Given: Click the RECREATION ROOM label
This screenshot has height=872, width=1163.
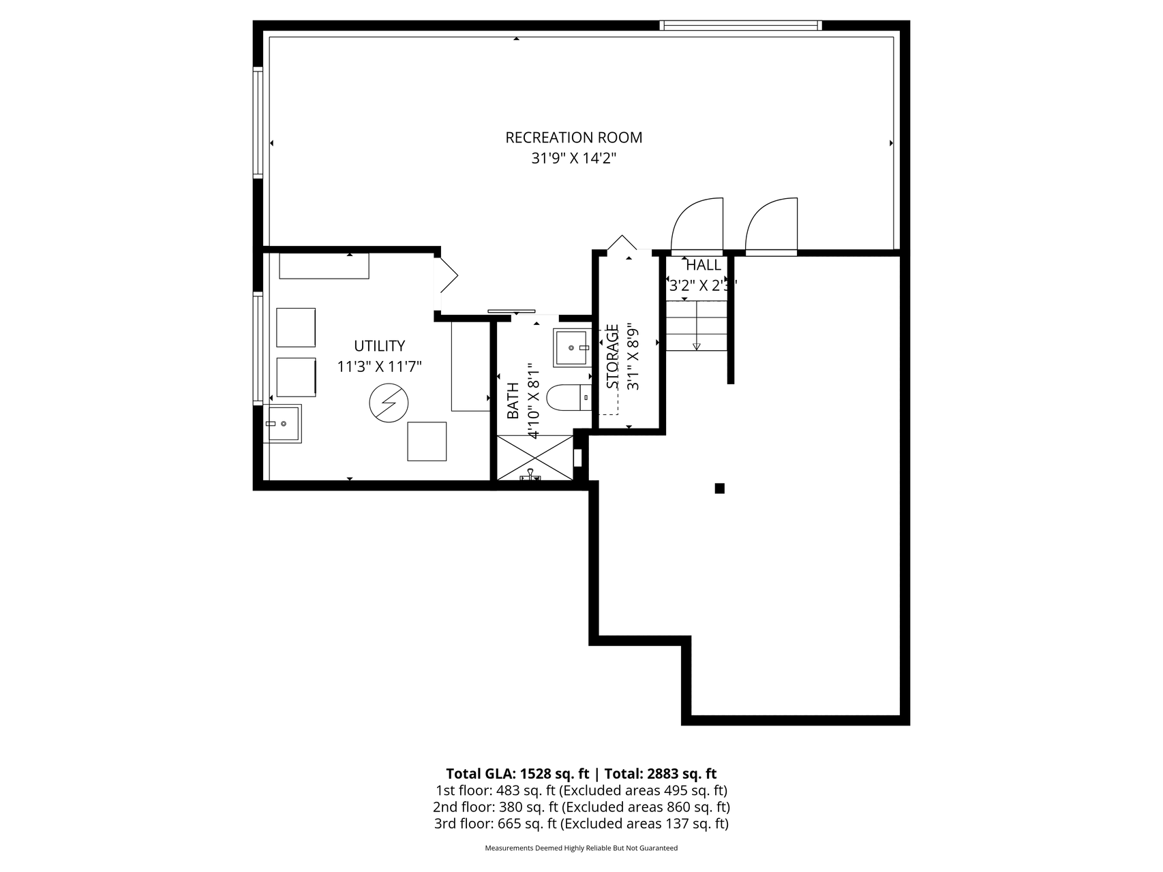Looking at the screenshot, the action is pyautogui.click(x=573, y=138).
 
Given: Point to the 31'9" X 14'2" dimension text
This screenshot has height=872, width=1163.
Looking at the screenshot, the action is pyautogui.click(x=574, y=159).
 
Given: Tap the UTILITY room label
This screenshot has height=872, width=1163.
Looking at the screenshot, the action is pyautogui.click(x=379, y=346).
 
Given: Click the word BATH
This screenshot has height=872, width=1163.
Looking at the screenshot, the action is pyautogui.click(x=513, y=401).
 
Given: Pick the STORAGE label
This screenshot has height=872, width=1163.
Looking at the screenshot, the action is pyautogui.click(x=613, y=356).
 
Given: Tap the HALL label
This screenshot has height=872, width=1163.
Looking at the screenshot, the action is pyautogui.click(x=703, y=265).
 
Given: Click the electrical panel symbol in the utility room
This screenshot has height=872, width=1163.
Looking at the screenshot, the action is pyautogui.click(x=389, y=403).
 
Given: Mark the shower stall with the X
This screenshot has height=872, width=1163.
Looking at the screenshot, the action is pyautogui.click(x=535, y=458).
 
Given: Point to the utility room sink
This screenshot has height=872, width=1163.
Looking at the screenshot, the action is pyautogui.click(x=282, y=424).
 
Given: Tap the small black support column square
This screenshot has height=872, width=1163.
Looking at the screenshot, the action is pyautogui.click(x=719, y=488).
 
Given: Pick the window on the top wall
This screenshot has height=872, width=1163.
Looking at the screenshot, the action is pyautogui.click(x=740, y=26).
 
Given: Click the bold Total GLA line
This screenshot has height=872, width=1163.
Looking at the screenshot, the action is pyautogui.click(x=581, y=773).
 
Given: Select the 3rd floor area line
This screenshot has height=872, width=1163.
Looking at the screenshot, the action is pyautogui.click(x=581, y=824).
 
